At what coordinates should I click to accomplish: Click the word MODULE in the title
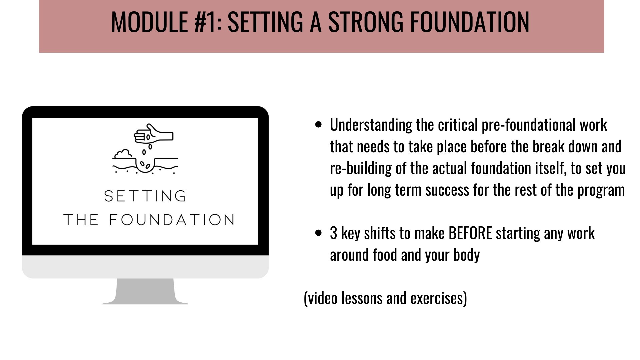pyautogui.click(x=150, y=22)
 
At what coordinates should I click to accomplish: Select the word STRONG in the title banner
pyautogui.click(x=366, y=22)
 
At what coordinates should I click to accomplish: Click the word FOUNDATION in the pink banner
pyautogui.click(x=469, y=22)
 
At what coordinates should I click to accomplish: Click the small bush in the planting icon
pyautogui.click(x=123, y=154)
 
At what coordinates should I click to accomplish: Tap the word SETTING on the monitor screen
pyautogui.click(x=145, y=196)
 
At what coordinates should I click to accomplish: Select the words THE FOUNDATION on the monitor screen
pyautogui.click(x=149, y=220)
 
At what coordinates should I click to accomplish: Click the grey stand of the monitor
pyautogui.click(x=145, y=291)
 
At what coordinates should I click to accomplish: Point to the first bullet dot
pyautogui.click(x=318, y=125)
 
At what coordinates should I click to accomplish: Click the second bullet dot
pyautogui.click(x=318, y=233)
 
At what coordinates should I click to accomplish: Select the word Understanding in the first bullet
pyautogui.click(x=371, y=125)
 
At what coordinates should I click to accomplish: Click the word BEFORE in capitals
pyautogui.click(x=470, y=233)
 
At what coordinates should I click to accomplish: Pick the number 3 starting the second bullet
pyautogui.click(x=333, y=233)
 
